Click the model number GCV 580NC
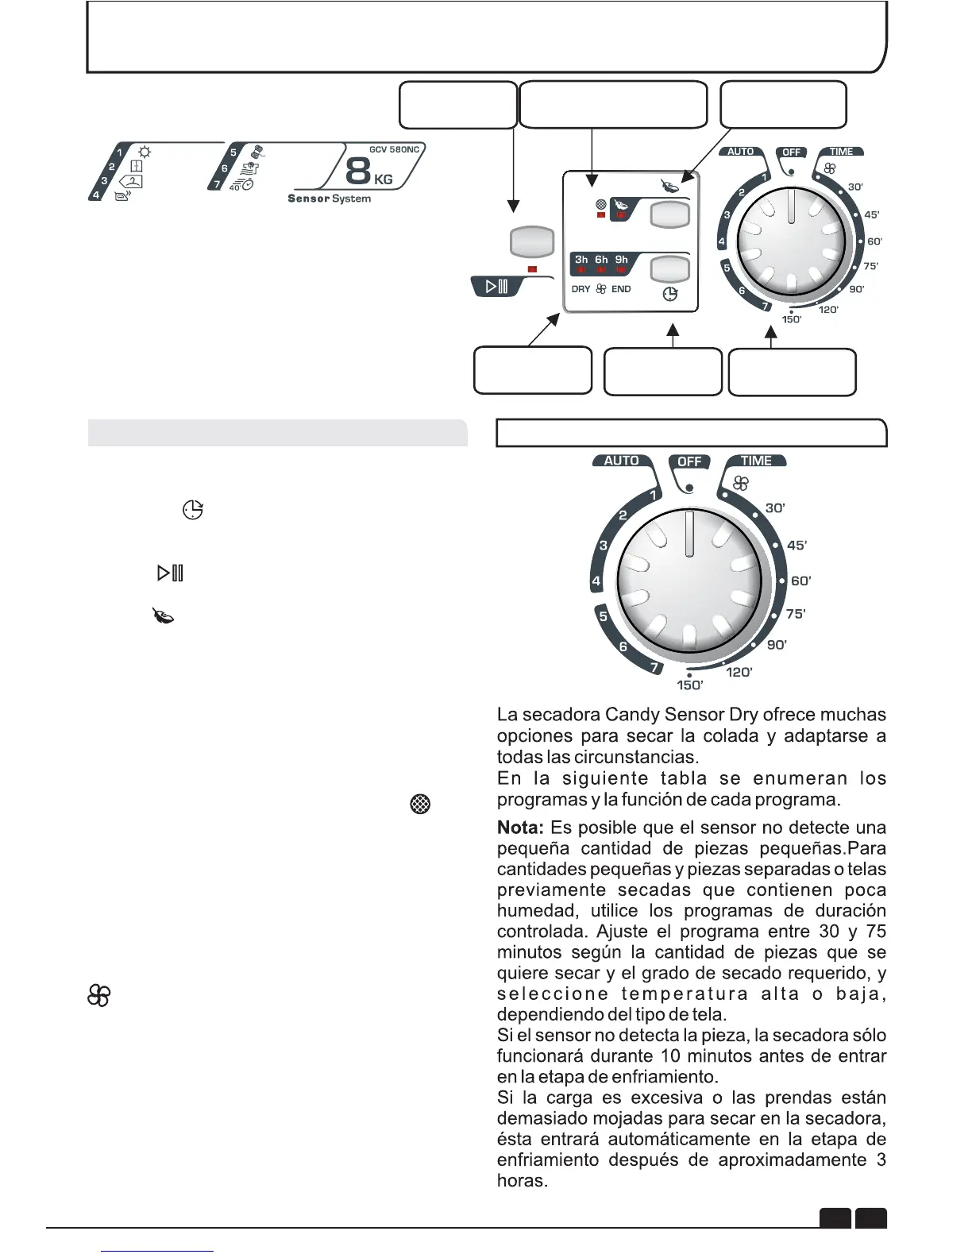pos(394,149)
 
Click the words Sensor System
pos(329,199)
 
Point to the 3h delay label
pos(581,260)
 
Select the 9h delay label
pos(622,260)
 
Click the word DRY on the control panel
pos(580,289)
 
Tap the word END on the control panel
pos(621,289)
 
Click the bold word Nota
pos(520,828)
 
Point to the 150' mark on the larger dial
pos(689,685)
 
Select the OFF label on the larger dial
pos(689,461)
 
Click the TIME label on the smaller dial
pos(841,152)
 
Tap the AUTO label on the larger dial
pos(621,461)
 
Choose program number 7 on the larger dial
pos(655,667)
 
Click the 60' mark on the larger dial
pos(800,581)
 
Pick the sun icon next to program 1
pos(145,152)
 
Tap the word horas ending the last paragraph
pos(522,1181)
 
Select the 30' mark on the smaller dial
pos(855,187)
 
